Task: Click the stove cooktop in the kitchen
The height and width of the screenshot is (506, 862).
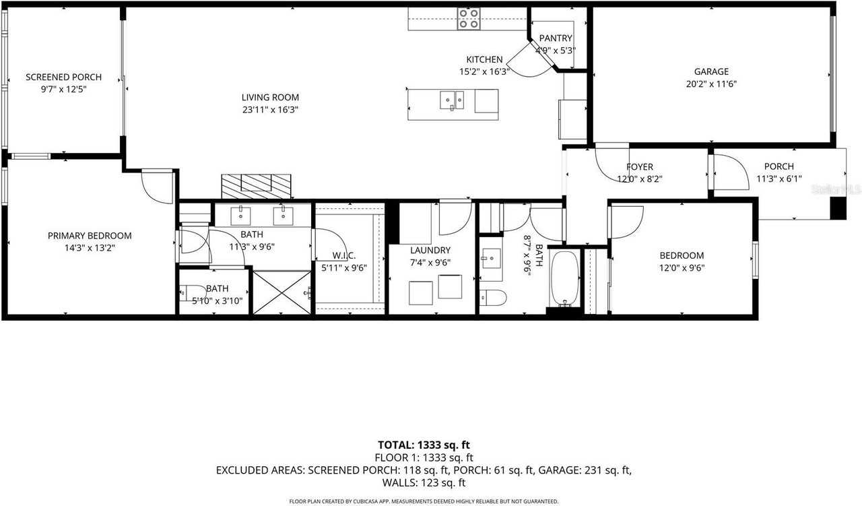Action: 468,19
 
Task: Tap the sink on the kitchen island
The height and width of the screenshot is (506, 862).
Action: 452,100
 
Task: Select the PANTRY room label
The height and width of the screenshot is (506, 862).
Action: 555,38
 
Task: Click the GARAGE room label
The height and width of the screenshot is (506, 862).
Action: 711,71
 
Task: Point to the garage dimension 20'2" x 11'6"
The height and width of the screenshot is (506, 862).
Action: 711,84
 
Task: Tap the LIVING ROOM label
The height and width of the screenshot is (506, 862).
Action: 270,97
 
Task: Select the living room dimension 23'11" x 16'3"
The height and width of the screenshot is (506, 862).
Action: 270,109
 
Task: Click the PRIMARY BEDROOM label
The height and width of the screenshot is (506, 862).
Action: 90,236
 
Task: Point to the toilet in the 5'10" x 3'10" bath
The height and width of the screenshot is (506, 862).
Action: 186,292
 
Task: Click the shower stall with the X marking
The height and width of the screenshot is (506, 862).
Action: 281,292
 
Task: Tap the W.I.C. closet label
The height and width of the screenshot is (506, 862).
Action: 343,255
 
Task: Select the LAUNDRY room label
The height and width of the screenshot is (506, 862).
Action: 430,250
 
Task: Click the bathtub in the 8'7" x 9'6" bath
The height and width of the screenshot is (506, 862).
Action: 564,278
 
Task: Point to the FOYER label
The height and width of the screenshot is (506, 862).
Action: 639,166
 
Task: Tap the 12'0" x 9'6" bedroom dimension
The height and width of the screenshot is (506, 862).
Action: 682,267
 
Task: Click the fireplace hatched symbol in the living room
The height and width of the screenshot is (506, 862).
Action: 257,183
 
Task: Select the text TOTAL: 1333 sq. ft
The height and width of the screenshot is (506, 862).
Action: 424,445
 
